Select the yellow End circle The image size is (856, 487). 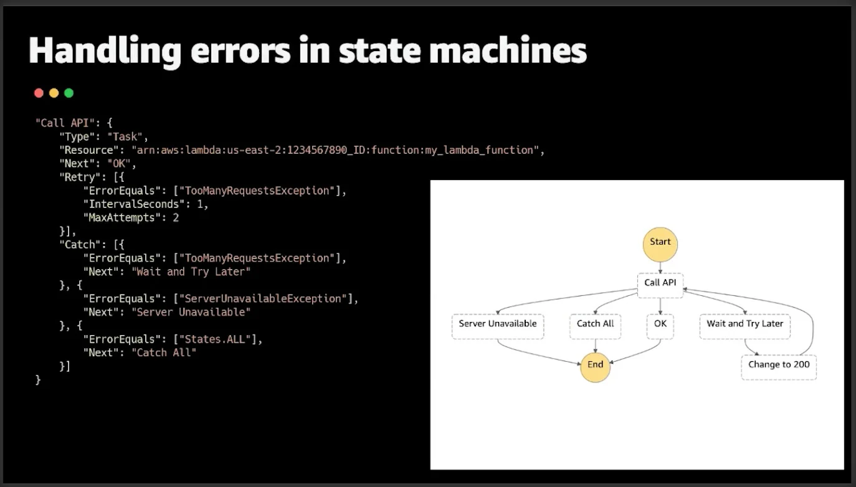(595, 366)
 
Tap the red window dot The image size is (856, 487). (39, 93)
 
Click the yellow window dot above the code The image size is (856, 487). (54, 93)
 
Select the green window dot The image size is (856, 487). (69, 93)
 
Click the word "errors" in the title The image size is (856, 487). (240, 51)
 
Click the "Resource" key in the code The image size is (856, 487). (87, 150)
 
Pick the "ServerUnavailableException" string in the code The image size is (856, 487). (262, 299)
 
